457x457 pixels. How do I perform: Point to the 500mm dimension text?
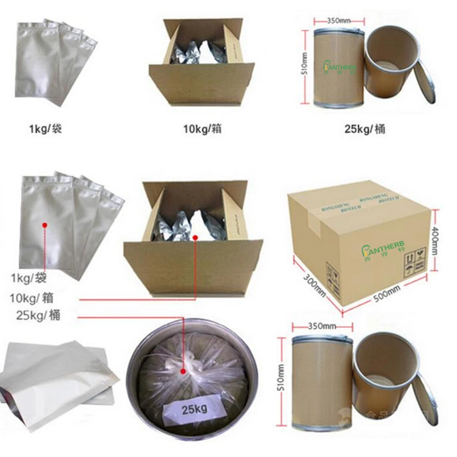tap(387, 292)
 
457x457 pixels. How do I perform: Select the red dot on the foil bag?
tap(45, 225)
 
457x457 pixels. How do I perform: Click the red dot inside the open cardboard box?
tap(195, 238)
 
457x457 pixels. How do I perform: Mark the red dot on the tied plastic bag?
tap(185, 372)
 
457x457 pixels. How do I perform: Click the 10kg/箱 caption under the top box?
tap(201, 129)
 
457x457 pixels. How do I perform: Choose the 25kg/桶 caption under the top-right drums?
tap(365, 129)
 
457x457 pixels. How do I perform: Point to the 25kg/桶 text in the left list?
tap(37, 315)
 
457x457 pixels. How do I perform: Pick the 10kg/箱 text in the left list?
tap(32, 298)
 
